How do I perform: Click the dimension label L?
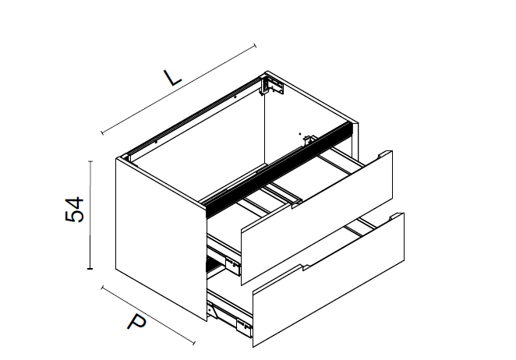coord(172,77)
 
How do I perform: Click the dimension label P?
coord(136,322)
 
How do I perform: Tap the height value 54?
coord(75,210)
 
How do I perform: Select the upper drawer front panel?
coord(316,218)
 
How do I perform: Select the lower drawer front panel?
coord(328,280)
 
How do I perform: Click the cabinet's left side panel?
coord(161,239)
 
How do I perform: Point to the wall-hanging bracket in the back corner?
coord(273,85)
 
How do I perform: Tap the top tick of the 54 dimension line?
coord(90,161)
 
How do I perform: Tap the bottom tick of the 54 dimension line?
coord(90,269)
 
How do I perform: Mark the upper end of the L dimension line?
coord(255,46)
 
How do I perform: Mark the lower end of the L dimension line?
coord(102,132)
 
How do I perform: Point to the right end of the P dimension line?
coord(193,343)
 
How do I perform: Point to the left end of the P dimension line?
coord(102,288)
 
